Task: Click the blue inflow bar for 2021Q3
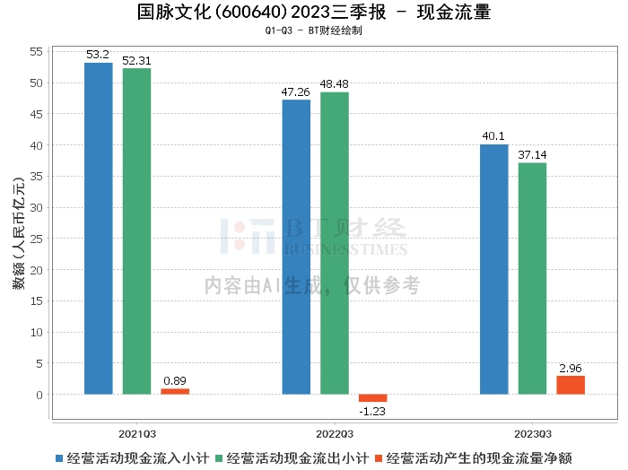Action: click(x=98, y=228)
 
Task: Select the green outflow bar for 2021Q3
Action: click(x=136, y=231)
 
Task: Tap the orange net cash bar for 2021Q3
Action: click(x=175, y=391)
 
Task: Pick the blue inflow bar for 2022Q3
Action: click(x=296, y=247)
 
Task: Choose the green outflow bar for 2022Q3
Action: click(x=335, y=243)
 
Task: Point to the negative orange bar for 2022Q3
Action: click(x=373, y=398)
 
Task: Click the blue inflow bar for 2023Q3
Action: click(x=493, y=269)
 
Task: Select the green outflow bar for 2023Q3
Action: click(x=532, y=278)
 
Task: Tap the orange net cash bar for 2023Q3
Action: click(x=571, y=385)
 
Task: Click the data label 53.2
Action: click(x=98, y=56)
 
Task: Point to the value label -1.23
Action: click(x=373, y=411)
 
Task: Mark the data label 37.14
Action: click(x=532, y=155)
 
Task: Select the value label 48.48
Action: click(x=335, y=84)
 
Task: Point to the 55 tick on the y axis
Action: click(x=37, y=52)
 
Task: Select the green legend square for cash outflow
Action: click(x=220, y=457)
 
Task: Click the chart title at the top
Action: click(x=314, y=13)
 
